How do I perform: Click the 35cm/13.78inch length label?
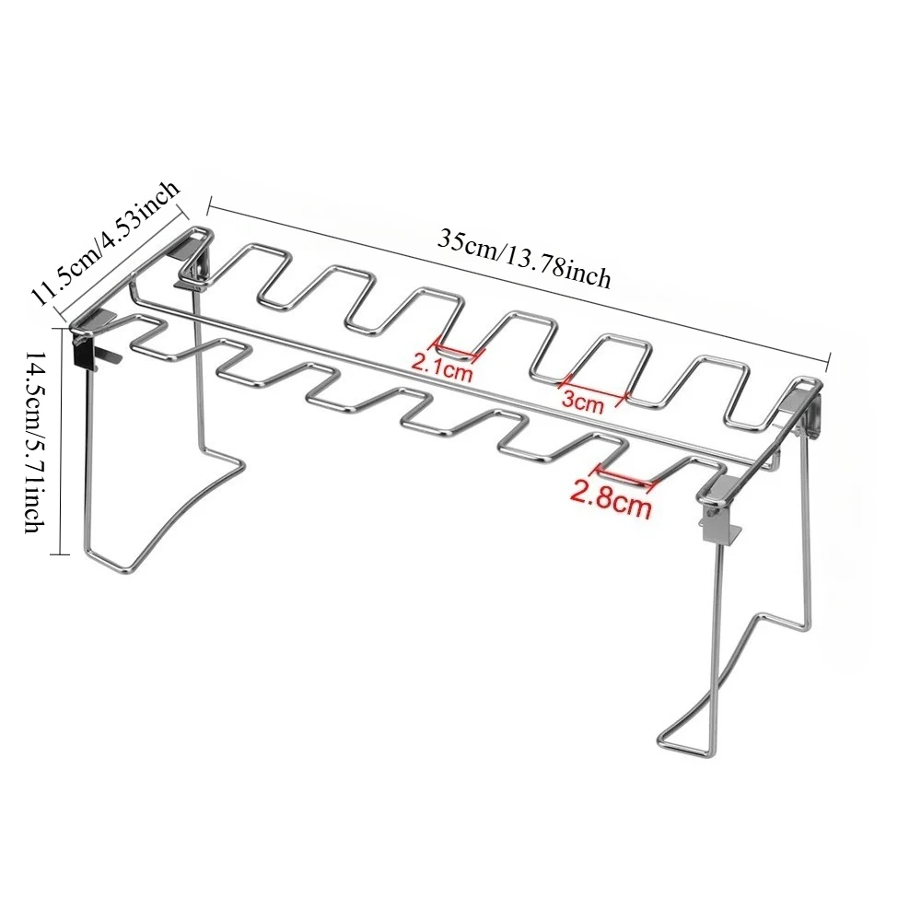[x=524, y=259]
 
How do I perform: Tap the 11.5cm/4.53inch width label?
[x=105, y=242]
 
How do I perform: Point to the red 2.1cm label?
[x=442, y=369]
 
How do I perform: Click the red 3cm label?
[x=582, y=402]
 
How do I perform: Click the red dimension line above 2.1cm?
[x=458, y=348]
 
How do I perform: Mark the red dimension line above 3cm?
[x=594, y=389]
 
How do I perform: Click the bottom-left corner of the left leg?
[x=89, y=551]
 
